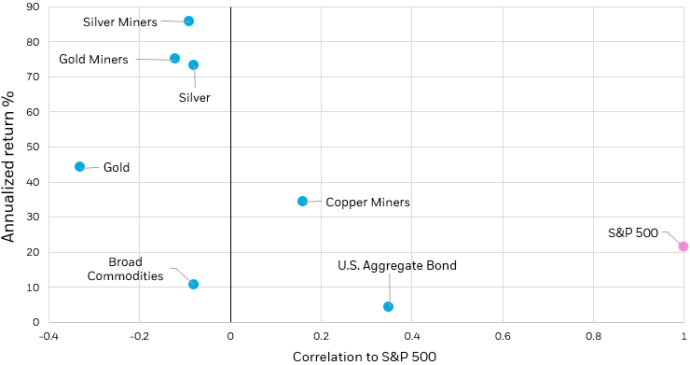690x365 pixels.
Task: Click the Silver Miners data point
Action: point(188,21)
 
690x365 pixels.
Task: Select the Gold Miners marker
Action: point(174,59)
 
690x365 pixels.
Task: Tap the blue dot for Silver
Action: point(193,65)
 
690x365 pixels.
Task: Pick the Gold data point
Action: point(79,167)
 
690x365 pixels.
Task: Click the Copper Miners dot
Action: point(302,201)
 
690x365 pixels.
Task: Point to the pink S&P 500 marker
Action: point(683,246)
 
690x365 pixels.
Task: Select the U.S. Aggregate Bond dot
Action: point(388,306)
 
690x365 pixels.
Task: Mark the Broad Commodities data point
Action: point(193,284)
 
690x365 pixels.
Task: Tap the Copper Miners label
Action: point(367,202)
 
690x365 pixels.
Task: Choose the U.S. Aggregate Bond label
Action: point(397,266)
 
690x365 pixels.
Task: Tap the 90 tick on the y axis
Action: point(32,7)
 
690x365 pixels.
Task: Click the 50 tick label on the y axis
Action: point(32,147)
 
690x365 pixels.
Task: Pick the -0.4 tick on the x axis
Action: point(48,335)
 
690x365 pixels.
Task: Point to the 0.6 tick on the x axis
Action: point(503,335)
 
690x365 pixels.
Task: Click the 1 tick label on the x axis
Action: point(683,335)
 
